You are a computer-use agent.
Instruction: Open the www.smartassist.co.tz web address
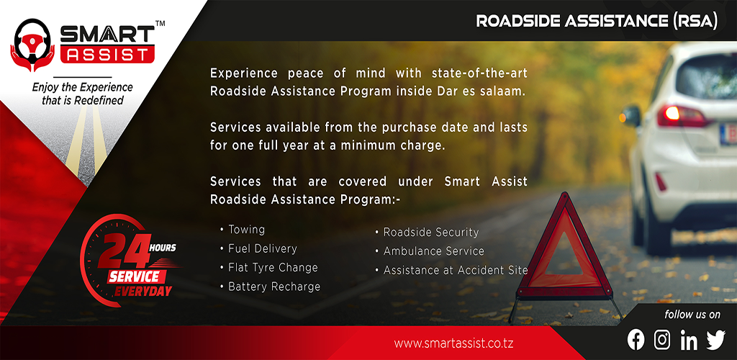tap(453, 343)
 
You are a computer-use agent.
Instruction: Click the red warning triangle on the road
tap(564, 248)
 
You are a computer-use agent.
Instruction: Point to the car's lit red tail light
tap(682, 116)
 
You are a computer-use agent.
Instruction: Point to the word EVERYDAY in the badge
tap(143, 291)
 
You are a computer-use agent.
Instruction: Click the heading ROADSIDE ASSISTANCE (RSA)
tap(597, 21)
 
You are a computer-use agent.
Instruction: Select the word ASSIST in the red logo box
tap(107, 55)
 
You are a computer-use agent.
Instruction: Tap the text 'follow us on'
tap(692, 315)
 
